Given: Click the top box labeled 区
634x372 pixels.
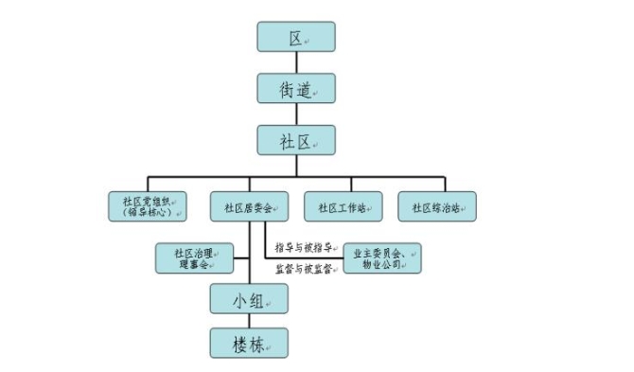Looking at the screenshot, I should click(295, 37).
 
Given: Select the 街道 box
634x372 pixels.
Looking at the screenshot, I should click(295, 88).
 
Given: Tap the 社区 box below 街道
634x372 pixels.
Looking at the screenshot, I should click(295, 140).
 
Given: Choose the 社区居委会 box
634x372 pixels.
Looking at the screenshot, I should click(249, 206).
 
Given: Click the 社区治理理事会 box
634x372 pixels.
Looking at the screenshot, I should click(195, 258).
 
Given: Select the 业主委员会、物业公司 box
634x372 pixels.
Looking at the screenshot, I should click(381, 258).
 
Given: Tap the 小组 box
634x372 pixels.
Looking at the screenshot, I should click(249, 300).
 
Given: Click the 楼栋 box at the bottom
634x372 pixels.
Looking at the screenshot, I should click(249, 343).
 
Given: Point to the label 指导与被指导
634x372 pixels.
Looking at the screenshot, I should click(303, 247).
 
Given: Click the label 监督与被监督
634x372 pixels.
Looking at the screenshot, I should click(303, 270).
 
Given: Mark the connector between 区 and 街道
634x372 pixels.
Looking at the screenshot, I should click(295, 62).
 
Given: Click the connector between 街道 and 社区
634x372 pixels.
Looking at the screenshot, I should click(295, 115).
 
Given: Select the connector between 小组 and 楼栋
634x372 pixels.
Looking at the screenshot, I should click(249, 322).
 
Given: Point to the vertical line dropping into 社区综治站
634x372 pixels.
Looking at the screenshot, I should click(444, 184).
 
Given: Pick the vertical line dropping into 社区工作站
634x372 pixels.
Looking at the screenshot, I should click(344, 184).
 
